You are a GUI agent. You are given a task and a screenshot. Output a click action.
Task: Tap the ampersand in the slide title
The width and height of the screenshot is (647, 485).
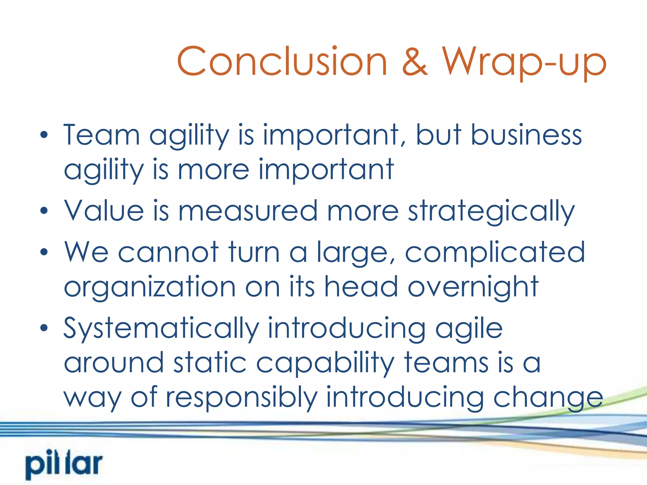point(414,62)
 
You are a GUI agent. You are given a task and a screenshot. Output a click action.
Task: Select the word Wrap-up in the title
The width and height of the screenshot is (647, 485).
point(524,62)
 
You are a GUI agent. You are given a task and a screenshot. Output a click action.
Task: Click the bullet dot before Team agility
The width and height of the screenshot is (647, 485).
point(44,135)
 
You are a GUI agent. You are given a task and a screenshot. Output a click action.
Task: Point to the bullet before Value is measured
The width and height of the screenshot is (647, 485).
point(44,211)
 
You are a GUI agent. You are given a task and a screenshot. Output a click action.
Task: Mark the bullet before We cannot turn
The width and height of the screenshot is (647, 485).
point(44,252)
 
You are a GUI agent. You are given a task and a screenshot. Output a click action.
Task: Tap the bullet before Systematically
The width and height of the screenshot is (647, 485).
point(44,328)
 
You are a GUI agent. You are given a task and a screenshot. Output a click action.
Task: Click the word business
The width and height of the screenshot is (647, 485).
point(526,135)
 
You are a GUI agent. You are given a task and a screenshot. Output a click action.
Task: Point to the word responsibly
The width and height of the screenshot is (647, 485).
point(242,398)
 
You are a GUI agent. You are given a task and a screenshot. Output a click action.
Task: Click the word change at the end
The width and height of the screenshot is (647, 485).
point(548,398)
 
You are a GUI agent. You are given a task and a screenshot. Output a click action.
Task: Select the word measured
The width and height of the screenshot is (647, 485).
point(248,211)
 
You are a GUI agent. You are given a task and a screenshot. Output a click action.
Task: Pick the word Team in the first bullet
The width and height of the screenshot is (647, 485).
point(101,135)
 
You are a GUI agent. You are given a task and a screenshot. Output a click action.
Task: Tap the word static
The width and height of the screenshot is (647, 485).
point(210,363)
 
